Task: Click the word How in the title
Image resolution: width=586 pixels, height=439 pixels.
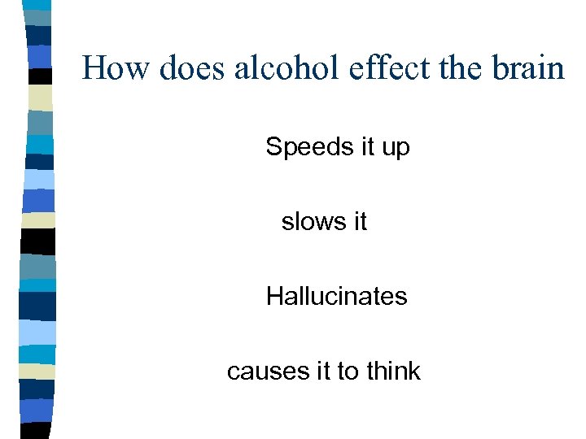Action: pos(116,67)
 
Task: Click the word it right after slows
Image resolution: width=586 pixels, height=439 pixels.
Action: pos(359,221)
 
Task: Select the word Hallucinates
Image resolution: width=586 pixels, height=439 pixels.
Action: pos(336,296)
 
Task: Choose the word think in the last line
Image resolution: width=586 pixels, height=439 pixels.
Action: pos(393,371)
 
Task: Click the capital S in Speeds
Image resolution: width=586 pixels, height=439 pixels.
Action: pos(273,147)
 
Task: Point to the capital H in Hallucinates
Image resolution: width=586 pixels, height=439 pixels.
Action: pos(274,296)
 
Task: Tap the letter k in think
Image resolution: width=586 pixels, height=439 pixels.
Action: pos(414,371)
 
